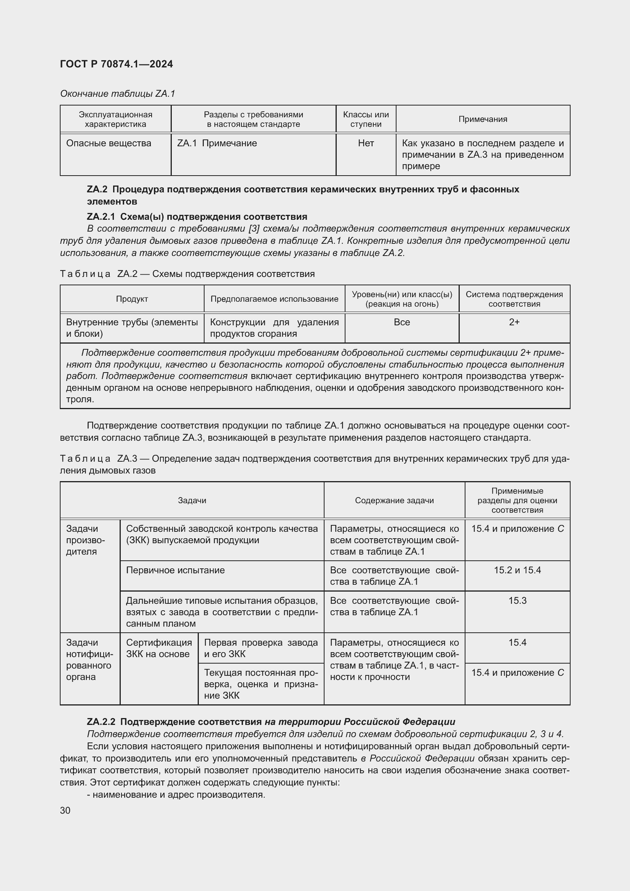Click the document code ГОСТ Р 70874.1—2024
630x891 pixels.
coord(117,64)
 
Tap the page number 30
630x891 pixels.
coord(65,810)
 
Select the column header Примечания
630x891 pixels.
coord(483,119)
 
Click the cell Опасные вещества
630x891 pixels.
coord(109,143)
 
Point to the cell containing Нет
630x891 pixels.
coord(366,143)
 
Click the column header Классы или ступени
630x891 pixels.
coord(366,119)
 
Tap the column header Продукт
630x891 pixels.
coord(132,299)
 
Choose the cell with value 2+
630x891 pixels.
coord(514,322)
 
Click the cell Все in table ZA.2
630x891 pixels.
coord(401,322)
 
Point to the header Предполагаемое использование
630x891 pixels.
coord(274,299)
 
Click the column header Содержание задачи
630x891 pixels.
coord(394,500)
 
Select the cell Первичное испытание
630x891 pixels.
coord(175,570)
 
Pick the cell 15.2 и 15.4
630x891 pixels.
coord(517,570)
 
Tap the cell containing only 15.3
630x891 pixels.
coord(517,601)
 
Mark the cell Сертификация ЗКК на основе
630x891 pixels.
coord(159,648)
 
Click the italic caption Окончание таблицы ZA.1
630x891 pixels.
coord(118,94)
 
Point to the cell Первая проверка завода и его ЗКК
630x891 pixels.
coord(261,648)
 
